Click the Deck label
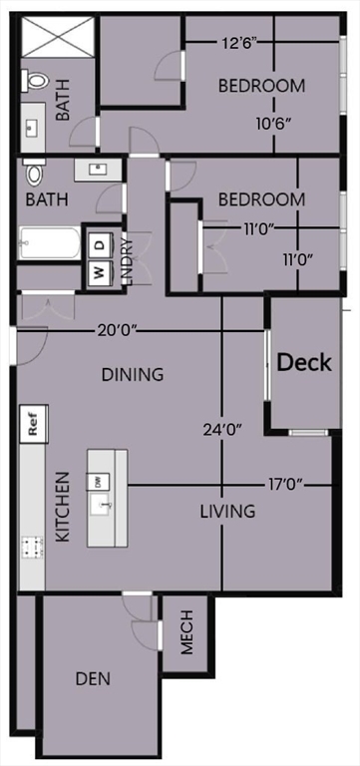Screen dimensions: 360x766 tap(305, 362)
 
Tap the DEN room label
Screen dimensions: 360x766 tap(93, 678)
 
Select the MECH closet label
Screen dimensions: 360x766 tap(186, 632)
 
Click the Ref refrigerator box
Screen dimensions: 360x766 tap(34, 424)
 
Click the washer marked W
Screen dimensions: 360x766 tap(100, 273)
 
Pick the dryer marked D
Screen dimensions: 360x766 tap(100, 244)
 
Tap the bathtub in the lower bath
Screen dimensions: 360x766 tap(49, 243)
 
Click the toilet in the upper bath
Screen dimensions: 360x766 tap(35, 80)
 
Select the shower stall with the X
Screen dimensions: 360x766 tap(58, 36)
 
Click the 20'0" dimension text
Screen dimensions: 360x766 tap(117, 331)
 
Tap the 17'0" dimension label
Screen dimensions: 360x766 tap(285, 485)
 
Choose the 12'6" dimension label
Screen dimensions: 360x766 tap(238, 43)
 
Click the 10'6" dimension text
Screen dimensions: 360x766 tap(273, 122)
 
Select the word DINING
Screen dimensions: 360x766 tap(132, 375)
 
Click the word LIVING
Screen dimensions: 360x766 tap(227, 512)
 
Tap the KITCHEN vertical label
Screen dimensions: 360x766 tap(63, 507)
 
